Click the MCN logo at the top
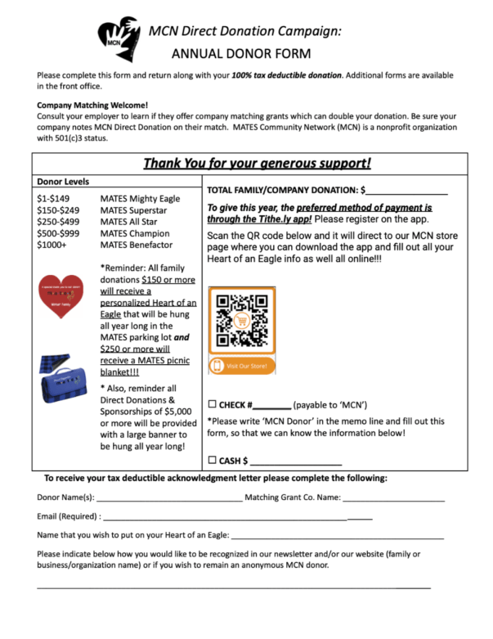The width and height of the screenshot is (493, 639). (x=116, y=36)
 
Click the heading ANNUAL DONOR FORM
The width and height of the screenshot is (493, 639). (x=240, y=54)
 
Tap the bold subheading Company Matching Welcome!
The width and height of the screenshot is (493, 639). (x=92, y=106)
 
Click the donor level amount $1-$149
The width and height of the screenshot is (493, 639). (x=54, y=199)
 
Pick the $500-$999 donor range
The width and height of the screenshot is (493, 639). (x=57, y=233)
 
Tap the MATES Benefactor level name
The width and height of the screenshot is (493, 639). (x=137, y=245)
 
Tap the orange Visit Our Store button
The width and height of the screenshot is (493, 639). (x=241, y=366)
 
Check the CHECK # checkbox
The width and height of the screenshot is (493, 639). (x=213, y=405)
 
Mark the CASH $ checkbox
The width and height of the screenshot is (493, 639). (x=213, y=461)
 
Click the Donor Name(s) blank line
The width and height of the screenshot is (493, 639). (x=168, y=498)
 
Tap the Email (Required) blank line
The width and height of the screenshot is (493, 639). (x=237, y=518)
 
